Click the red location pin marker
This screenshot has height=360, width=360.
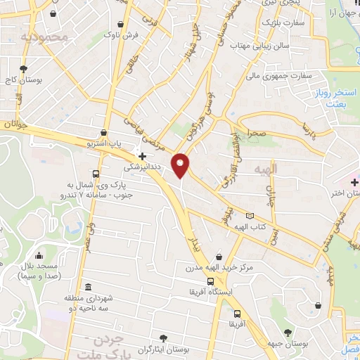[x=181, y=166]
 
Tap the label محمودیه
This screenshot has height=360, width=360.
[x=43, y=36]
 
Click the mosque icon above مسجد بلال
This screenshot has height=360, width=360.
[x=37, y=255]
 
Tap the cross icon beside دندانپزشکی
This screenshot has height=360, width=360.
[x=142, y=155]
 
